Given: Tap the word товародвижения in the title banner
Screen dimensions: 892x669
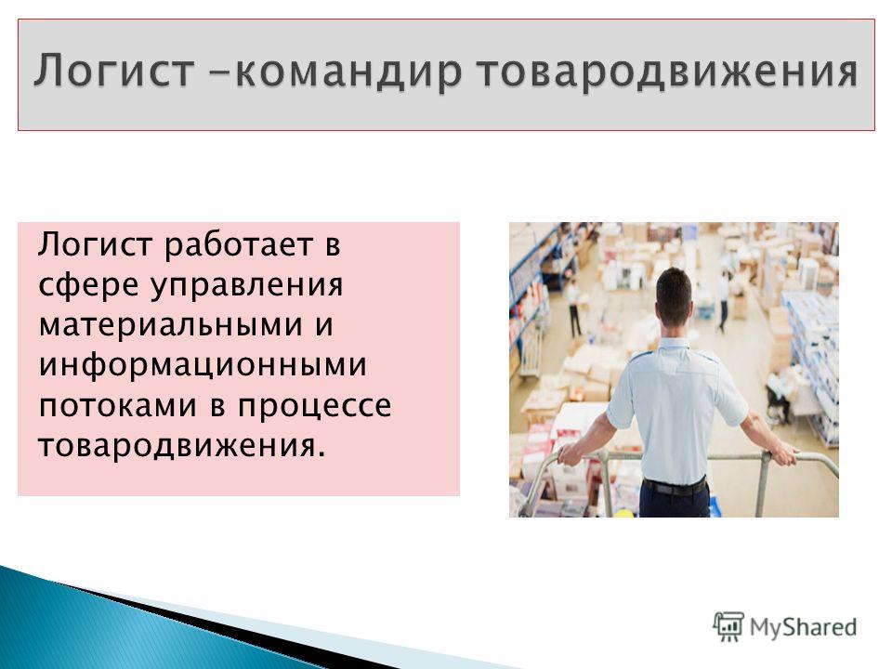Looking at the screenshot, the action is [667, 72].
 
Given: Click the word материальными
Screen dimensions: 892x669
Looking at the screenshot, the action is [169, 325].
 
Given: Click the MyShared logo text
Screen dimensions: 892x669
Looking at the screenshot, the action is [803, 627].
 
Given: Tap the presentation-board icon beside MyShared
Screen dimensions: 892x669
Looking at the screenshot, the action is [728, 626].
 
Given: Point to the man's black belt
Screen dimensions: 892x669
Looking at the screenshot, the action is [675, 487].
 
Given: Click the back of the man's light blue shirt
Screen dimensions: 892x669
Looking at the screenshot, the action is [675, 409].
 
